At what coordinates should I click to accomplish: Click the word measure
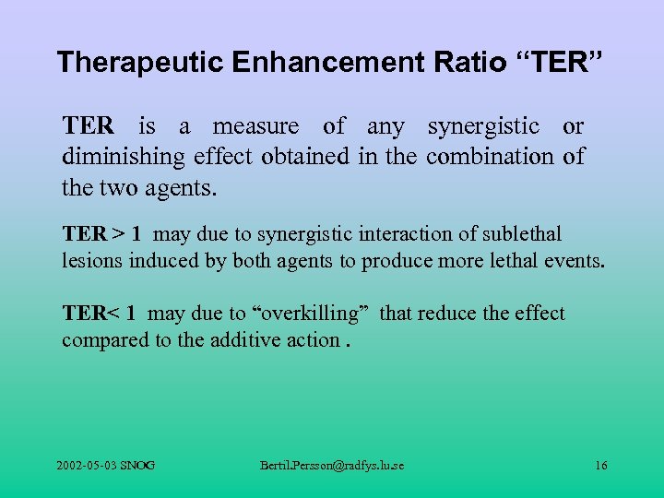[255, 125]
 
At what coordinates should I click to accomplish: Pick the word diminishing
[125, 157]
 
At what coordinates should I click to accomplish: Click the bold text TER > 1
[101, 234]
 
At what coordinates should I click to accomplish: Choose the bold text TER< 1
[100, 314]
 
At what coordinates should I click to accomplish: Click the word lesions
[92, 260]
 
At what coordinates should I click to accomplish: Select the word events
[577, 260]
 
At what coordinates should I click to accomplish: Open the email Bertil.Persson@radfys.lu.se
[332, 466]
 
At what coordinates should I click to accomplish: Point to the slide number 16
[600, 466]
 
